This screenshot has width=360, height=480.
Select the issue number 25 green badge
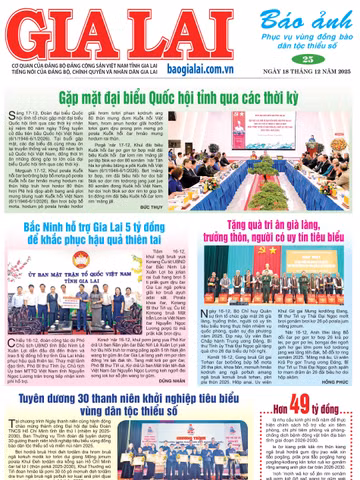click(308, 60)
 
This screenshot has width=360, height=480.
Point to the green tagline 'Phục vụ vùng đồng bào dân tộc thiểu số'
click(310, 41)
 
